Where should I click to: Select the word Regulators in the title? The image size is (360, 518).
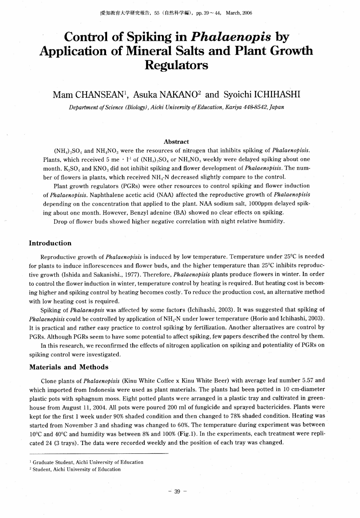(176, 65)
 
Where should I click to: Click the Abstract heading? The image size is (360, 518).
(176, 142)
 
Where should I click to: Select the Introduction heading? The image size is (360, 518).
(50, 243)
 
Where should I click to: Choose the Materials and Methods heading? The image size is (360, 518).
(69, 367)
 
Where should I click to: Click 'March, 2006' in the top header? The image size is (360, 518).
(238, 13)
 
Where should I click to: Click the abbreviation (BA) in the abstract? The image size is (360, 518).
(180, 212)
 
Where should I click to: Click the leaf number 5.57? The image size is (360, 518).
(307, 380)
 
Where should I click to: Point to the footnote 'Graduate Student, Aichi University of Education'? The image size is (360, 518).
(88, 462)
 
